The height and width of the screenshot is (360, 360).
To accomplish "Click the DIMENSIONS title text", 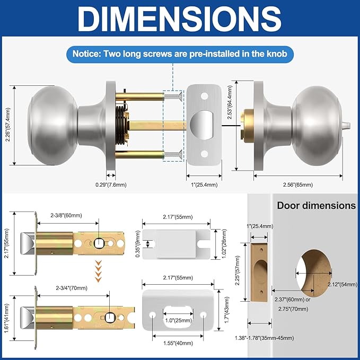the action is coord(180,19).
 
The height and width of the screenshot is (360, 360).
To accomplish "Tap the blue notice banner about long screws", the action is coord(180,54).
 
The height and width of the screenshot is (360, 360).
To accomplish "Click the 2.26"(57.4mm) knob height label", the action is coord(8,125).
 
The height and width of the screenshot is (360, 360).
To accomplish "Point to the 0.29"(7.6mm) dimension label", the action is coord(111,185).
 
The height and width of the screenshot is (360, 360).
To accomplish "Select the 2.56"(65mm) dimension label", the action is coord(298,185).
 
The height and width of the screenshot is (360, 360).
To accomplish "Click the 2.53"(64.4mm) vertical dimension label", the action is coord(230,102).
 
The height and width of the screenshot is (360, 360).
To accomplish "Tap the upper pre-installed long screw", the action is coord(173,96).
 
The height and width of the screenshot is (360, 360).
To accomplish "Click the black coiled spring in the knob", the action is coord(120,125).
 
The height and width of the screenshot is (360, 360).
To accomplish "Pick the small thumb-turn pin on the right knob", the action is coord(346,125).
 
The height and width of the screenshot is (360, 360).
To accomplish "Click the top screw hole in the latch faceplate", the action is coord(204,96).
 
